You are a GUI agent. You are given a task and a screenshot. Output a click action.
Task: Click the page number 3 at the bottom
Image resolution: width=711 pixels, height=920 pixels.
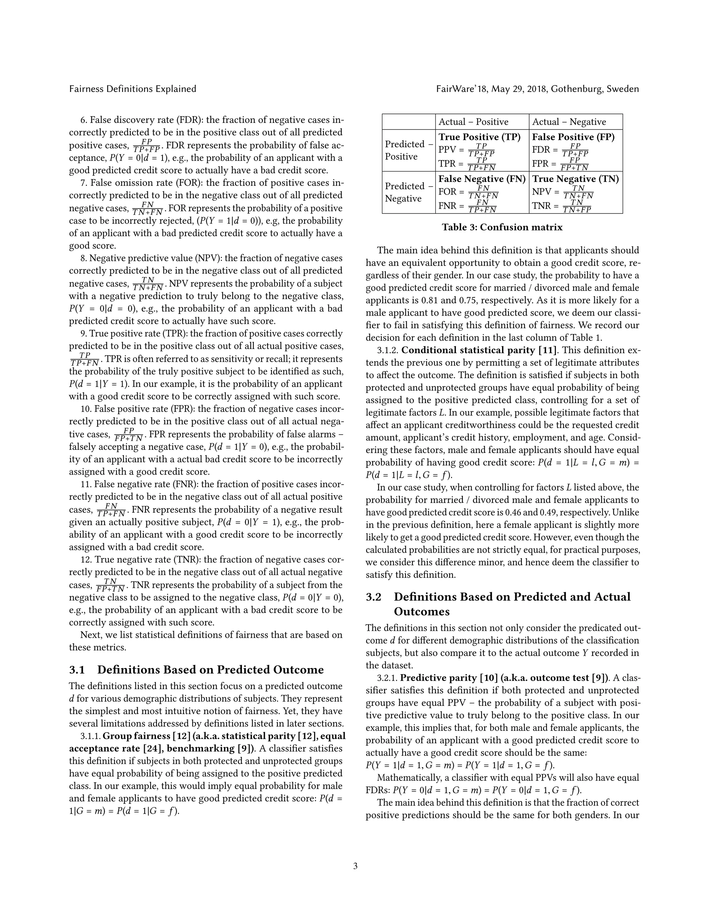(355, 866)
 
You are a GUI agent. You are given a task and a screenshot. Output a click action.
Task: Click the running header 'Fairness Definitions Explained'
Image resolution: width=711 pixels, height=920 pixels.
(133, 89)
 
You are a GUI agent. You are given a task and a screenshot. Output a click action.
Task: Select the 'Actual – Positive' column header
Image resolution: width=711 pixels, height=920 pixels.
(474, 122)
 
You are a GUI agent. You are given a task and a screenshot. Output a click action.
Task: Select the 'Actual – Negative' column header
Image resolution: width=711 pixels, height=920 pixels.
(569, 122)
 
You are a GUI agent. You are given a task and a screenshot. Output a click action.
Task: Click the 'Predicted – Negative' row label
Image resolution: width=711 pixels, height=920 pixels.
(408, 192)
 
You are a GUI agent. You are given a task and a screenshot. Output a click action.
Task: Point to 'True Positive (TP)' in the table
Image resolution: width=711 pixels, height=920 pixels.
(479, 137)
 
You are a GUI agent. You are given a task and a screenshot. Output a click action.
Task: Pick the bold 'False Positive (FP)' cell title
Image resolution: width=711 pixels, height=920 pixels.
(573, 137)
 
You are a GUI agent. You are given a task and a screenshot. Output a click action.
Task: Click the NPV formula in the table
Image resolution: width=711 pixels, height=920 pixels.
(563, 192)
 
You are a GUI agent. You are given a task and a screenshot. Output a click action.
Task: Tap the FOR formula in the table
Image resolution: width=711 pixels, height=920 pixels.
(468, 192)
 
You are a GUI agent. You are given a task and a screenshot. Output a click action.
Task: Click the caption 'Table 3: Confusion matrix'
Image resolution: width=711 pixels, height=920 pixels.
(502, 227)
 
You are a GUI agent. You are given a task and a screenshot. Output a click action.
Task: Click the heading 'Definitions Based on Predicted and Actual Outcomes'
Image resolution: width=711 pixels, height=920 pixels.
(512, 604)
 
